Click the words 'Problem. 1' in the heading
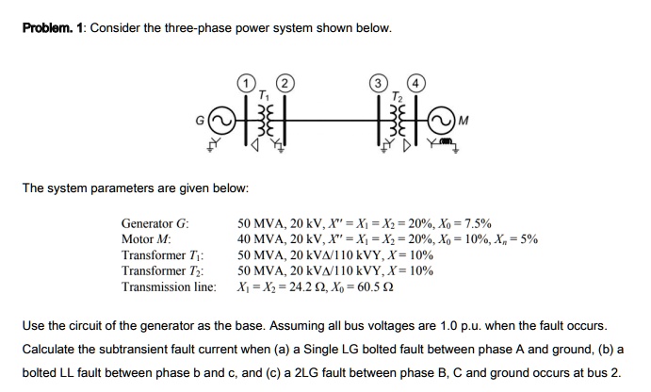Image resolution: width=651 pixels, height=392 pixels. tap(54, 28)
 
